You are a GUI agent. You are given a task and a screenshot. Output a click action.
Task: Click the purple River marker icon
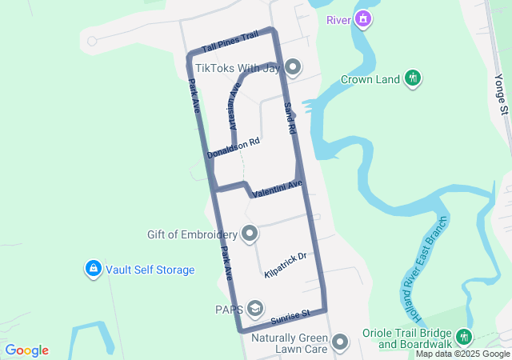point(363,18)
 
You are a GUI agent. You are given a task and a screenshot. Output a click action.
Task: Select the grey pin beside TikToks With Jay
point(293,68)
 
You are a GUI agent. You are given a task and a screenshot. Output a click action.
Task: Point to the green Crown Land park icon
point(413,78)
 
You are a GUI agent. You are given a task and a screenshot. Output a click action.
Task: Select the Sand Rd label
point(290,117)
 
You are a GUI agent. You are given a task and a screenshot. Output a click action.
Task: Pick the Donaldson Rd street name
point(234,147)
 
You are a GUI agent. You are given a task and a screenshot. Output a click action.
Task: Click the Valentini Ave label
point(277,190)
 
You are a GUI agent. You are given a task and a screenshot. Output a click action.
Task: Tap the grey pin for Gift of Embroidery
point(250,234)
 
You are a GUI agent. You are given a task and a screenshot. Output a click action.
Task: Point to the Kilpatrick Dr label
point(286,266)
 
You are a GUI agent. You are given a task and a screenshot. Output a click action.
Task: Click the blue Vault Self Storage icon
point(93,270)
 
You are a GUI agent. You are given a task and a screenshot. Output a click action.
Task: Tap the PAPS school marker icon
point(255,309)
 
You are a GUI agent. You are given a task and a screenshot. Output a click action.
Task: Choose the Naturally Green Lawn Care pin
point(341,342)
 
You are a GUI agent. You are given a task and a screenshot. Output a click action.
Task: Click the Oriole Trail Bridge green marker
point(465,338)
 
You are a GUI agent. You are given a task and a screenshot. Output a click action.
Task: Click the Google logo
point(26,350)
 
